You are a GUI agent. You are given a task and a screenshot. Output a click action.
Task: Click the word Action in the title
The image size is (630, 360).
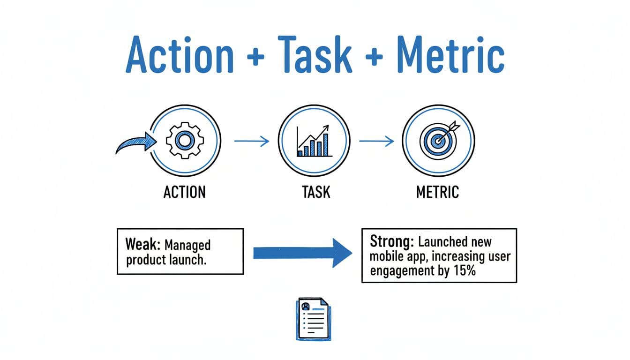coord(180,55)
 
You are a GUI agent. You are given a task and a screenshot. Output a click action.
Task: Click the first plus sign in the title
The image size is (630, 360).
coord(254,57)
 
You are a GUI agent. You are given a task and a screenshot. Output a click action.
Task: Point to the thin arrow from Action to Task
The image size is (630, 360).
coord(252,141)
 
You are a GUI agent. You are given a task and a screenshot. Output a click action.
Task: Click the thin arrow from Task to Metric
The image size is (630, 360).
coord(376,141)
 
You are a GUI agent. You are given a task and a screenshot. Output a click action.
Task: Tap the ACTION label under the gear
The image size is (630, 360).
coord(184,192)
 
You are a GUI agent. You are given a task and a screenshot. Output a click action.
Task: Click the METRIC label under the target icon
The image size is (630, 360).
coord(438,192)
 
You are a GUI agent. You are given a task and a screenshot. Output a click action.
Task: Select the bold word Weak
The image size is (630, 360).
coord(140,245)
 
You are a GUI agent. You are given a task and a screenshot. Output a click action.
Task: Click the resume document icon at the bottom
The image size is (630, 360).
coord(314,318)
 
